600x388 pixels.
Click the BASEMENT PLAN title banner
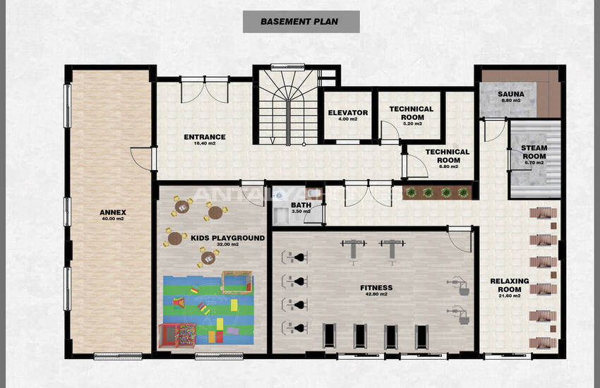pos(301,22)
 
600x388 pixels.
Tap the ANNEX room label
pos(113,212)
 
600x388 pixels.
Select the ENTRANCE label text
pos(205,137)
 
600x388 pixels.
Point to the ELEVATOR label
pos(348,113)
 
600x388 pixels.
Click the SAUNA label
pos(511,94)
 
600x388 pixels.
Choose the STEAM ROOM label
pos(534,152)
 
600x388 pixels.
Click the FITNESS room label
pos(376,288)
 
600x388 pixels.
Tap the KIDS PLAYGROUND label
pos(228,238)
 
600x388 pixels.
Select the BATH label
pos(301,205)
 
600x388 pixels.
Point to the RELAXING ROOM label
pos(510,285)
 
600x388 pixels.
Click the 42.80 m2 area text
pos(376,294)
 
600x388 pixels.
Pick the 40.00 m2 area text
pos(113,219)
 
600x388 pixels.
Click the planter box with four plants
pos(437,193)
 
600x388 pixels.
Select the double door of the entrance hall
pos(205,90)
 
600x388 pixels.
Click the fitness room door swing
pos(460,239)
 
